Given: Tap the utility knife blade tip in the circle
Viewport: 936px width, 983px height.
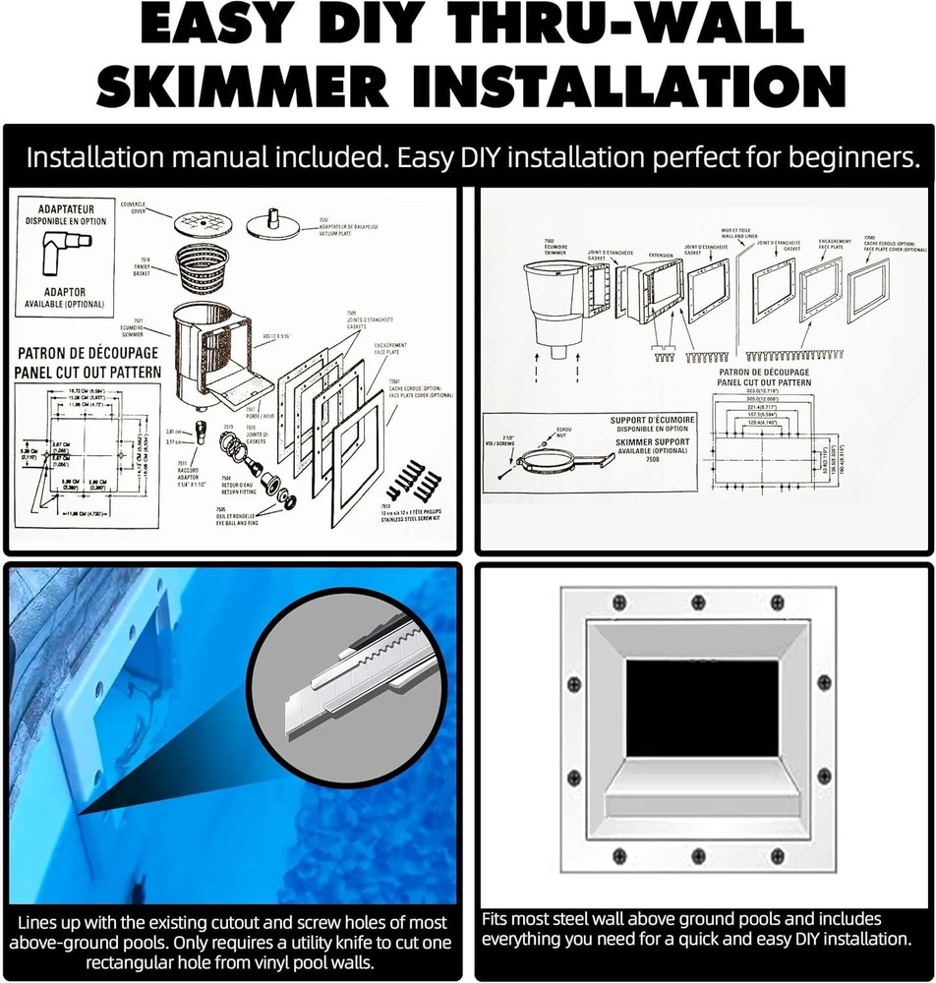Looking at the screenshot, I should click(x=295, y=716).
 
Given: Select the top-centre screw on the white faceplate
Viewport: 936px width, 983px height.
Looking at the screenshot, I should click(x=698, y=603).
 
